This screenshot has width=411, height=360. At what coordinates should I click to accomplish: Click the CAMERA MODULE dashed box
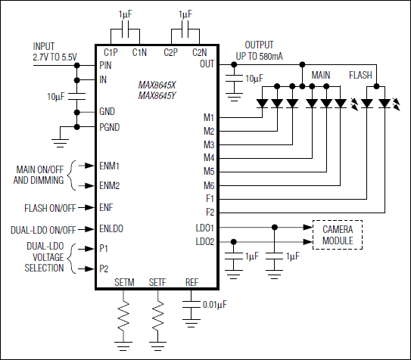[x=338, y=234]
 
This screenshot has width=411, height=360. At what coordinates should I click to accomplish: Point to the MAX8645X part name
[x=159, y=85]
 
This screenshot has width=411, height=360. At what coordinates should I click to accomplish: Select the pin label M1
[x=209, y=118]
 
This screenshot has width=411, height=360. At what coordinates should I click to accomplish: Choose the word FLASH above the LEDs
[x=361, y=76]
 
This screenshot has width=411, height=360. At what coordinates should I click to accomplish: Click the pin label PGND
[x=111, y=126]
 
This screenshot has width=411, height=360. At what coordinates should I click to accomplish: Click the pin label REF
[x=192, y=282]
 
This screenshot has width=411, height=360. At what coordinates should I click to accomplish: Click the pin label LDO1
[x=204, y=227]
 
